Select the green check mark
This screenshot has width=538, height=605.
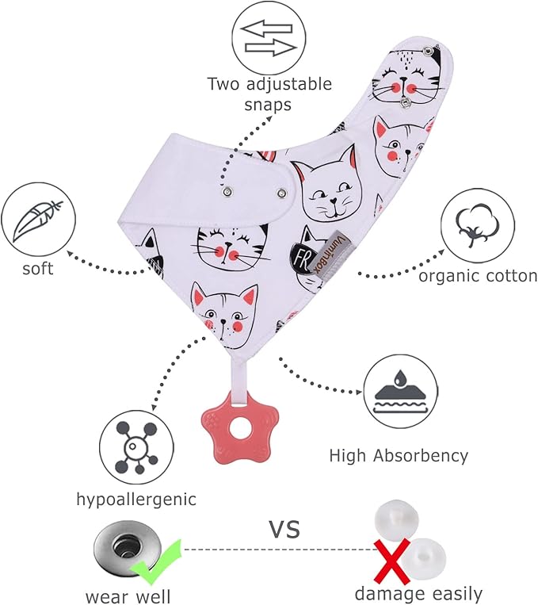click(158, 561)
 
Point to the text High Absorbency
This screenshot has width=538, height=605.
click(399, 456)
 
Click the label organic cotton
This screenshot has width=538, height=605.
click(478, 276)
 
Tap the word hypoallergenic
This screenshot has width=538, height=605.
click(136, 500)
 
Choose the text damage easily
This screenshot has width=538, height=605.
click(418, 592)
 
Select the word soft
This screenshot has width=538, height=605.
click(37, 269)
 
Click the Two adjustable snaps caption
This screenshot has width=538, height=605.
click(269, 94)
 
